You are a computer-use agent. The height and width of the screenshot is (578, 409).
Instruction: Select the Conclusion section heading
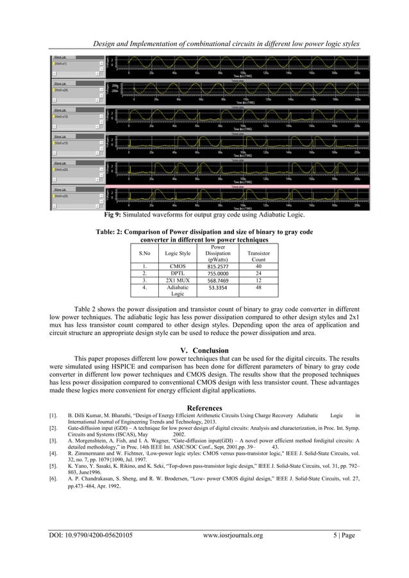203,350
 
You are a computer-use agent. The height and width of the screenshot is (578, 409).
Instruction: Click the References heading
204,408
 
